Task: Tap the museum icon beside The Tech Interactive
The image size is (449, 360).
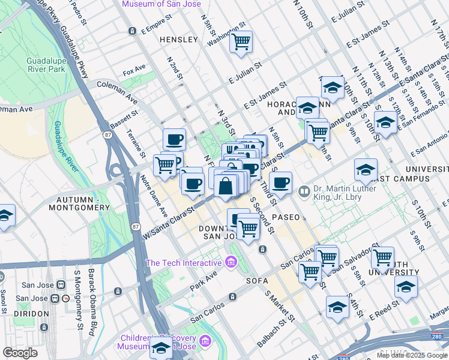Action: pyautogui.click(x=231, y=262)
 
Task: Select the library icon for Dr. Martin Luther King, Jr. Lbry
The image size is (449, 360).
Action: pyautogui.click(x=304, y=191)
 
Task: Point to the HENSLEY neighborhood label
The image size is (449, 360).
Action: pyautogui.click(x=178, y=40)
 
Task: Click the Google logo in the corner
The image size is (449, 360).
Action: pyautogui.click(x=20, y=353)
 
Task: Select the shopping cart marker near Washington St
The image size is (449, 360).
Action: pyautogui.click(x=241, y=42)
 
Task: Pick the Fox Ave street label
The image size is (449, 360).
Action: pyautogui.click(x=134, y=71)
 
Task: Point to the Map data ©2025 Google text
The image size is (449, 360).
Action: pyautogui.click(x=411, y=355)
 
